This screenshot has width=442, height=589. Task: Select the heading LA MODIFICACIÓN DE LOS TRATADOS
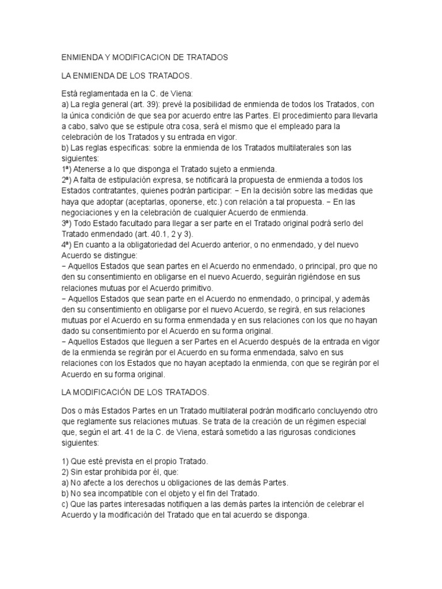click(135, 392)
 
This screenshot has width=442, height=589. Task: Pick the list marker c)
click(64, 504)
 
